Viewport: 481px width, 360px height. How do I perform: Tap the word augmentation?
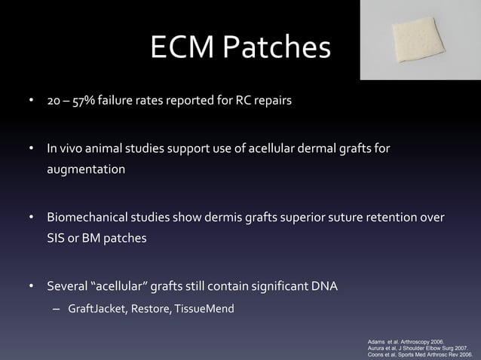click(x=87, y=170)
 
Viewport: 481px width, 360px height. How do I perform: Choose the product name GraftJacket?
click(x=96, y=309)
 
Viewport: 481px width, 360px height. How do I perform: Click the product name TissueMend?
click(x=204, y=309)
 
